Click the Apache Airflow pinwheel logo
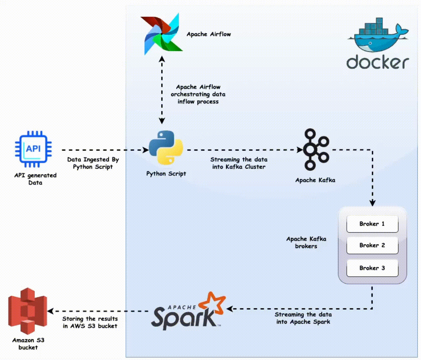pyautogui.click(x=162, y=34)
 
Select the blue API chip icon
pyautogui.click(x=33, y=149)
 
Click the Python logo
pyautogui.click(x=166, y=147)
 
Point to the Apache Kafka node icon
pyautogui.click(x=316, y=149)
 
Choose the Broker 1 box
pyautogui.click(x=372, y=224)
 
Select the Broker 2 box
pyautogui.click(x=372, y=245)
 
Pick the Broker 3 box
pyautogui.click(x=372, y=268)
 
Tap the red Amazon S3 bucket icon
pyautogui.click(x=28, y=311)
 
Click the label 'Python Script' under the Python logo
pyautogui.click(x=166, y=174)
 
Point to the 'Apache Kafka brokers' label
pyautogui.click(x=306, y=242)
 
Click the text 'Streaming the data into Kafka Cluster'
pyautogui.click(x=239, y=163)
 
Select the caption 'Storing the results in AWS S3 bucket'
pyautogui.click(x=90, y=322)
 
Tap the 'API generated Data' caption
pyautogui.click(x=35, y=179)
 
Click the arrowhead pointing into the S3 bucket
pyautogui.click(x=50, y=311)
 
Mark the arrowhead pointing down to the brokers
pyautogui.click(x=372, y=203)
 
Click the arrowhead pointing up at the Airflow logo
pyautogui.click(x=162, y=59)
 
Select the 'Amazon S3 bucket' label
pyautogui.click(x=28, y=344)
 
